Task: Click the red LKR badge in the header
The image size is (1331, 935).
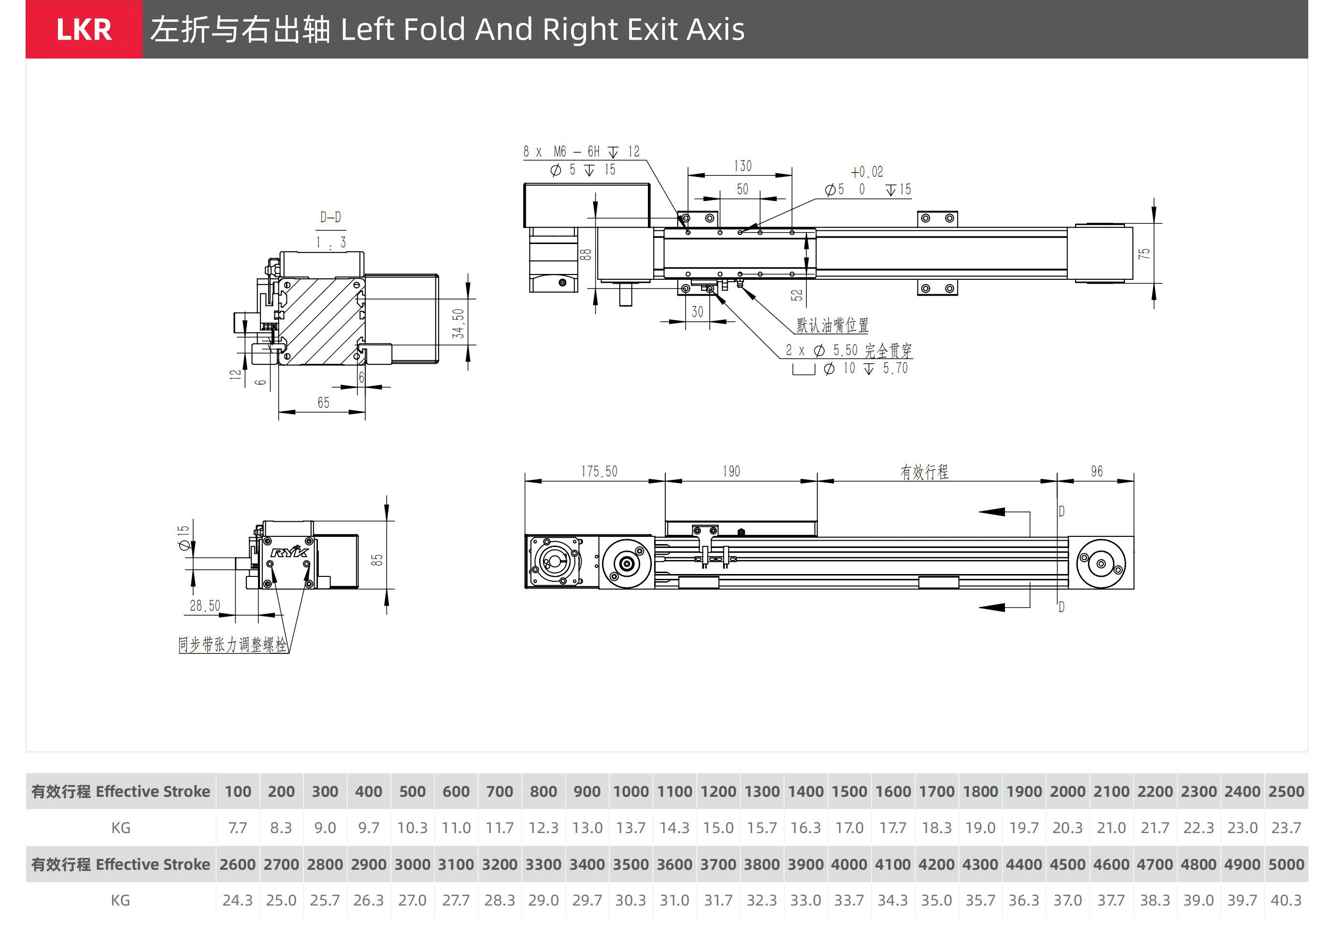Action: pyautogui.click(x=84, y=29)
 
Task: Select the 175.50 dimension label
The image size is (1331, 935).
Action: pyautogui.click(x=599, y=471)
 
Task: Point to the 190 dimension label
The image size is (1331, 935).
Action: pyautogui.click(x=731, y=471)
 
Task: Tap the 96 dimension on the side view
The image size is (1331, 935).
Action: pyautogui.click(x=1096, y=471)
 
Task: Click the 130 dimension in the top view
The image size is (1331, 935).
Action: pyautogui.click(x=743, y=166)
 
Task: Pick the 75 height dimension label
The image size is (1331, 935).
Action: pyautogui.click(x=1143, y=254)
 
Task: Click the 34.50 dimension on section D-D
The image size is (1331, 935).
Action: pyautogui.click(x=458, y=323)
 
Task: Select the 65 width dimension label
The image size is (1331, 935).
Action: pyautogui.click(x=323, y=403)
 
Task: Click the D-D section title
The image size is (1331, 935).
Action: pyautogui.click(x=330, y=217)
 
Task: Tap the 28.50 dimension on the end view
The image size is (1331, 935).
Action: pyautogui.click(x=205, y=606)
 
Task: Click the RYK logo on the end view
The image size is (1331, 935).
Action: pyautogui.click(x=289, y=551)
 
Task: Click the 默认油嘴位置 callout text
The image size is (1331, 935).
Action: pyautogui.click(x=832, y=325)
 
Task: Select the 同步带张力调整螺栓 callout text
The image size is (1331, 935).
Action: pyautogui.click(x=232, y=645)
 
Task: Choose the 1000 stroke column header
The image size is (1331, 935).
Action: pyautogui.click(x=631, y=791)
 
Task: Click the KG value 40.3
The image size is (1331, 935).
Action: pyautogui.click(x=1286, y=900)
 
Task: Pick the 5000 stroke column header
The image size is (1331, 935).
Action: pyautogui.click(x=1286, y=864)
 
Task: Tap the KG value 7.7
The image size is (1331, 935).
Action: pyautogui.click(x=238, y=828)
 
